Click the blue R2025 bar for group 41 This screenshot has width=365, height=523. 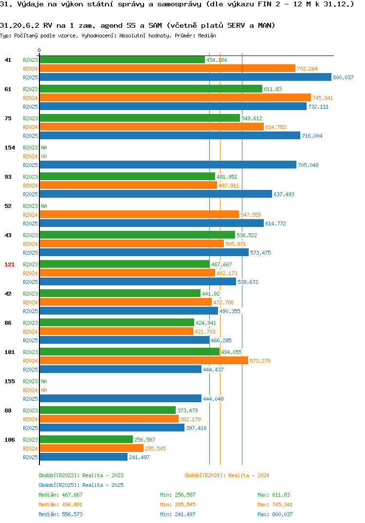coord(185,77)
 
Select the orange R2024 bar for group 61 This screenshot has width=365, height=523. coord(175,97)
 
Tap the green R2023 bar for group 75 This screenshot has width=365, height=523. coord(140,118)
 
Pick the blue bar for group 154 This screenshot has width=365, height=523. coord(168,165)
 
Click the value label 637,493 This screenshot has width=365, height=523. coord(284,194)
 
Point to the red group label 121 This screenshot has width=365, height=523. coord(10,264)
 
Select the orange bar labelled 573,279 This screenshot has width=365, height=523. coord(144,360)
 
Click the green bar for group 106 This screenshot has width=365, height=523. coord(86,439)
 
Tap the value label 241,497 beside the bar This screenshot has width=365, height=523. coord(139,457)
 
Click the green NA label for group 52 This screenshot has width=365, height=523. coord(44,206)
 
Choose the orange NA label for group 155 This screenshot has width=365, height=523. coord(44,390)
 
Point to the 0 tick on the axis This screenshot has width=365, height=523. coord(39,50)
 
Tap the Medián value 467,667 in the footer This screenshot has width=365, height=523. coord(72,495)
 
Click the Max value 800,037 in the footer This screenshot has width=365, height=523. coord(282,514)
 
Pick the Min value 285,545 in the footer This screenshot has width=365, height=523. coord(185,504)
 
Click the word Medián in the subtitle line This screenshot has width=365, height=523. coord(207,36)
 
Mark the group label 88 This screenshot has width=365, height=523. coord(8,411)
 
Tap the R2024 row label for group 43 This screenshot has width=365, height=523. coord(30,244)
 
